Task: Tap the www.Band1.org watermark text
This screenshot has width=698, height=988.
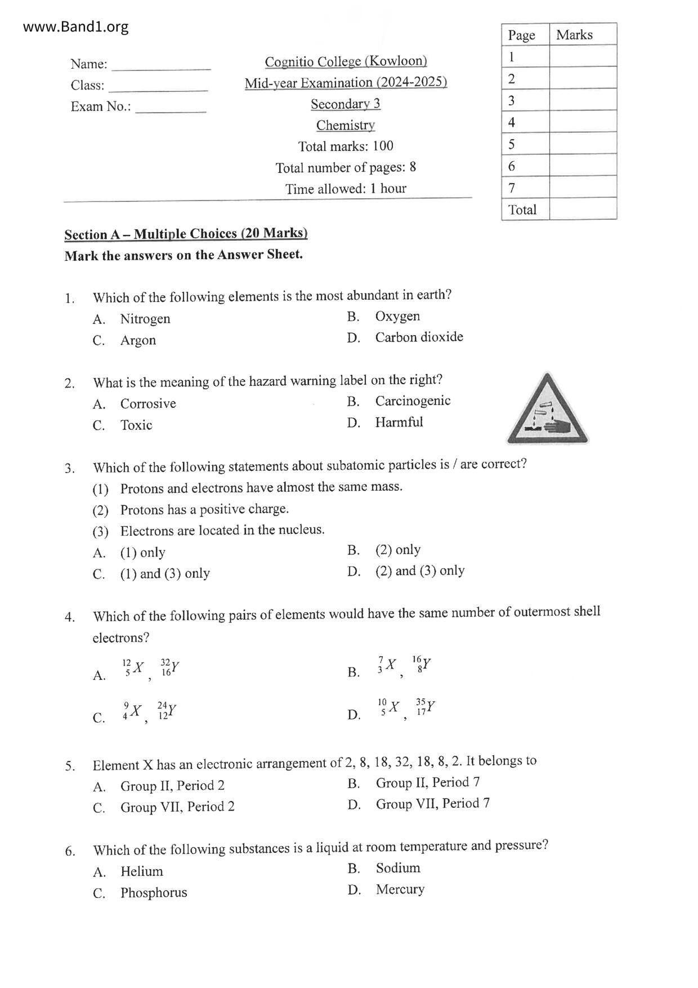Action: [76, 27]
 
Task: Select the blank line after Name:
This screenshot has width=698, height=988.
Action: [161, 65]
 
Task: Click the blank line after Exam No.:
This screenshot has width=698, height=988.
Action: [171, 108]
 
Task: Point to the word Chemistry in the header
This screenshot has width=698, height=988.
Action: [345, 125]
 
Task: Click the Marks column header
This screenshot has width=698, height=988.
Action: [574, 35]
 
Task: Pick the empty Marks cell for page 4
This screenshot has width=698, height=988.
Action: [583, 122]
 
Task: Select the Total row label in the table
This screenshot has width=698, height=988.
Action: [522, 210]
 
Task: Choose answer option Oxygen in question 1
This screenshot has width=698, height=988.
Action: [397, 316]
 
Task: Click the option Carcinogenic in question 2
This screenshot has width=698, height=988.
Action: [413, 400]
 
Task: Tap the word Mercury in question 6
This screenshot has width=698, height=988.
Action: [400, 889]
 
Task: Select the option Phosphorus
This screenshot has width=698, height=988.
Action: [154, 892]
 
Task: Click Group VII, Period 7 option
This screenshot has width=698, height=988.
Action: [432, 803]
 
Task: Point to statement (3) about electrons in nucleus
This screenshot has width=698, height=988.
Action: [222, 530]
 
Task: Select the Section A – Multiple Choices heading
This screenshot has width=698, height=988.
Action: [186, 234]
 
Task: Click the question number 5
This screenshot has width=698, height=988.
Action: [70, 766]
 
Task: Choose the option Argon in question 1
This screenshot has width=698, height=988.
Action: [138, 340]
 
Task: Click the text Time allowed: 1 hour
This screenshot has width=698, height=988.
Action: [346, 189]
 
